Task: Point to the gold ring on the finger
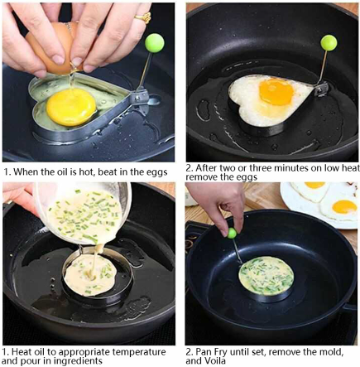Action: pyautogui.click(x=145, y=15)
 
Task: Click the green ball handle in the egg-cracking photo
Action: pyautogui.click(x=154, y=41)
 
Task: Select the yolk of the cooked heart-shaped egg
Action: pyautogui.click(x=276, y=90)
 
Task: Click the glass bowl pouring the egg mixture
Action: pyautogui.click(x=83, y=215)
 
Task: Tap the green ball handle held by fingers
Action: pyautogui.click(x=233, y=233)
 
